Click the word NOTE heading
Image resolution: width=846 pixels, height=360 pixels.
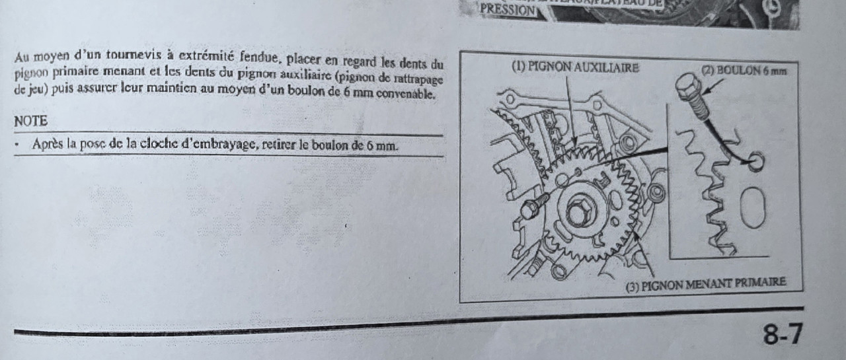(30, 122)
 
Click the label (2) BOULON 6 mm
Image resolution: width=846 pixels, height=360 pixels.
(744, 70)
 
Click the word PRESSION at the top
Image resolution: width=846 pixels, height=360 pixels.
(508, 10)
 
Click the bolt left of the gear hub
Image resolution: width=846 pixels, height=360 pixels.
(533, 209)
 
